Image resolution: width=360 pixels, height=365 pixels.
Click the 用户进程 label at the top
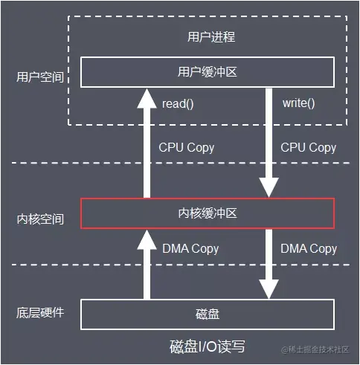point(208,36)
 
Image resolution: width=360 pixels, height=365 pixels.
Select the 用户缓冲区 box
point(208,72)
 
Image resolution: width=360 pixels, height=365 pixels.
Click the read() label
point(177,103)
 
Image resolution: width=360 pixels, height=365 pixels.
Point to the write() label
point(298,103)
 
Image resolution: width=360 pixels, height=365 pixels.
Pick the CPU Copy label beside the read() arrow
point(187,147)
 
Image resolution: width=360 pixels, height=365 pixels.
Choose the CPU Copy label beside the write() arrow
point(308,147)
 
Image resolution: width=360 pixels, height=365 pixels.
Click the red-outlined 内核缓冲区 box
point(208,213)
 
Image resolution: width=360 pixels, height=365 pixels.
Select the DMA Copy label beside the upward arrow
point(190,248)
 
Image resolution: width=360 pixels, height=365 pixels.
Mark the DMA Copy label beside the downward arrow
point(309,248)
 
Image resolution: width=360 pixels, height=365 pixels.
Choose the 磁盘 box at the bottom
point(208,314)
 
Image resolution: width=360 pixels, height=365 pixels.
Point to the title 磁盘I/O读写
point(208,346)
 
